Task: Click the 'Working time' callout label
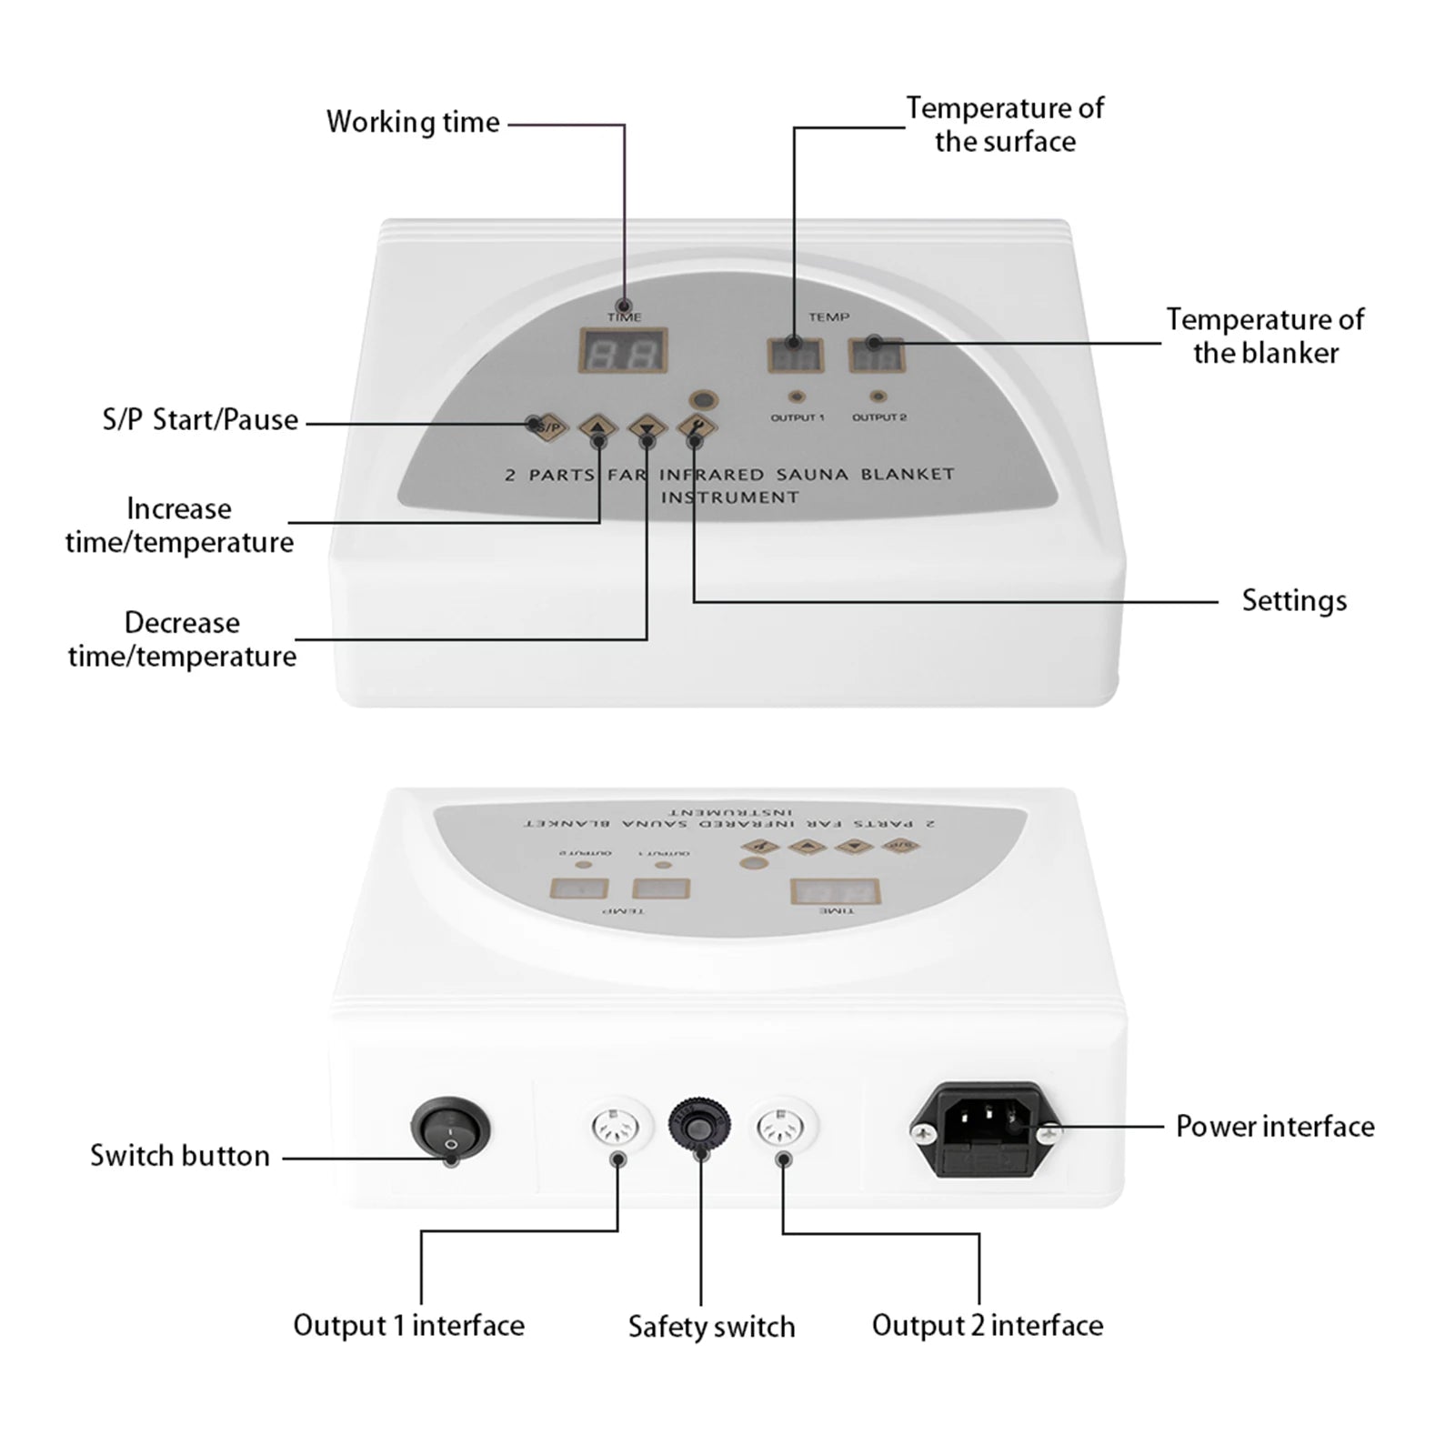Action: click(413, 122)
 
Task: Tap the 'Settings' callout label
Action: click(1294, 601)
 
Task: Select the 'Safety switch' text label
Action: click(711, 1327)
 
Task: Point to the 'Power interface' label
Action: click(1275, 1127)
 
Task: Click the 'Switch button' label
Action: click(180, 1156)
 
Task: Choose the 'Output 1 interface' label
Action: click(408, 1325)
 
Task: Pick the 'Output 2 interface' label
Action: click(988, 1325)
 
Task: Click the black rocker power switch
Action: click(450, 1129)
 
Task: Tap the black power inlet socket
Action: click(987, 1130)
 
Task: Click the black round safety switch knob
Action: click(699, 1128)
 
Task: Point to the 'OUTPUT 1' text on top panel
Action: click(798, 417)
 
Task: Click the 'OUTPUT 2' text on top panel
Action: click(879, 417)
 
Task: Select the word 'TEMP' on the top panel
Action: click(828, 316)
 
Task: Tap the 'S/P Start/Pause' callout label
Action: click(200, 420)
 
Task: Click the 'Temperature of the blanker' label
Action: click(1265, 336)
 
